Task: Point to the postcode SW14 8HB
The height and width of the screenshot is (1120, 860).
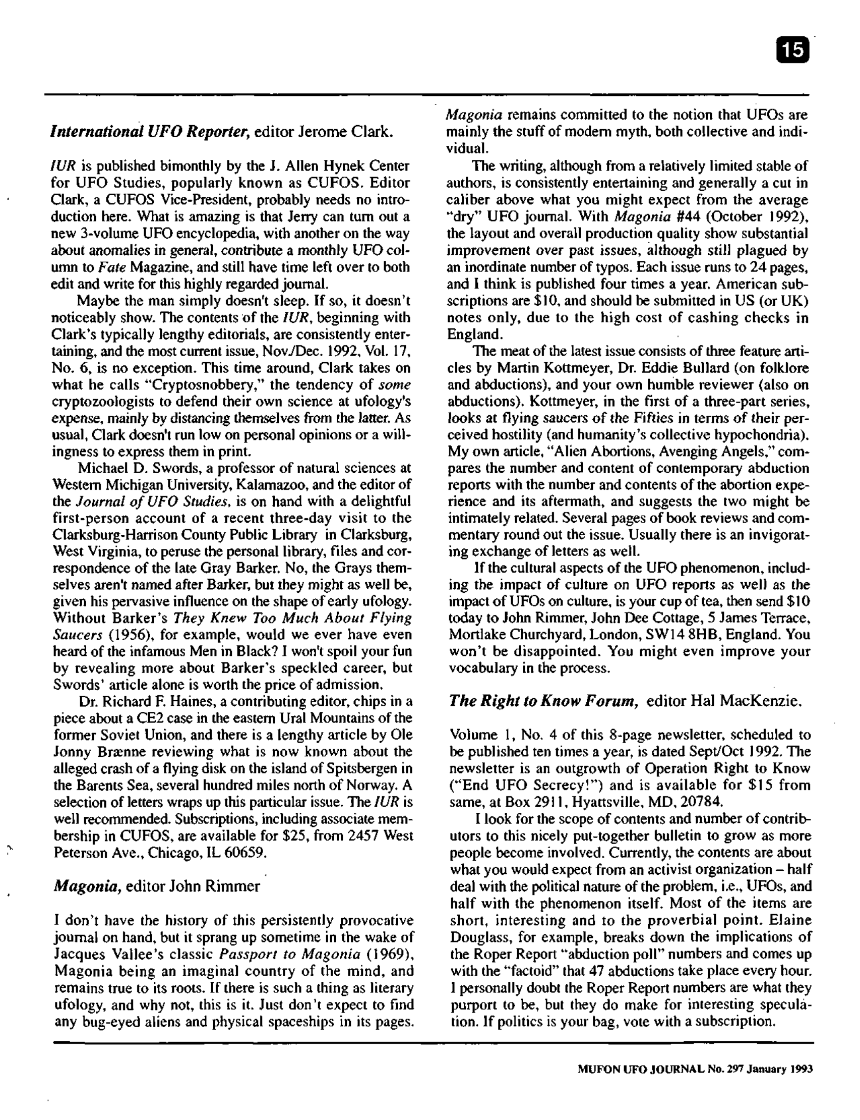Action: (707, 635)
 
